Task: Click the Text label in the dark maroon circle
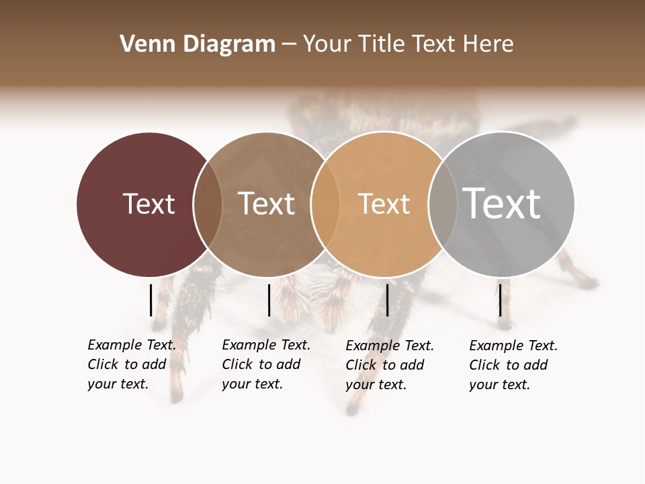tap(148, 204)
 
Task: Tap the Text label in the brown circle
tap(266, 204)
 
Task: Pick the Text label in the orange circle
tap(384, 204)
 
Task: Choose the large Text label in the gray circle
tap(502, 203)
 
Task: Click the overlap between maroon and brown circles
tap(208, 204)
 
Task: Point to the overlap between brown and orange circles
tap(325, 204)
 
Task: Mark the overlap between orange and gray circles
tap(442, 204)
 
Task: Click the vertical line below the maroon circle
tap(150, 300)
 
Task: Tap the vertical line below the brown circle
tap(269, 300)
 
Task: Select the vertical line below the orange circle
tap(387, 300)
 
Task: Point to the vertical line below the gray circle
tap(500, 300)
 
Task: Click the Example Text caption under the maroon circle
tap(131, 364)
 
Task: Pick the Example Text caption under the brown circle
tap(265, 364)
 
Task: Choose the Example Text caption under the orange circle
tap(389, 365)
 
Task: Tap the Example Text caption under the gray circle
tap(513, 365)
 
